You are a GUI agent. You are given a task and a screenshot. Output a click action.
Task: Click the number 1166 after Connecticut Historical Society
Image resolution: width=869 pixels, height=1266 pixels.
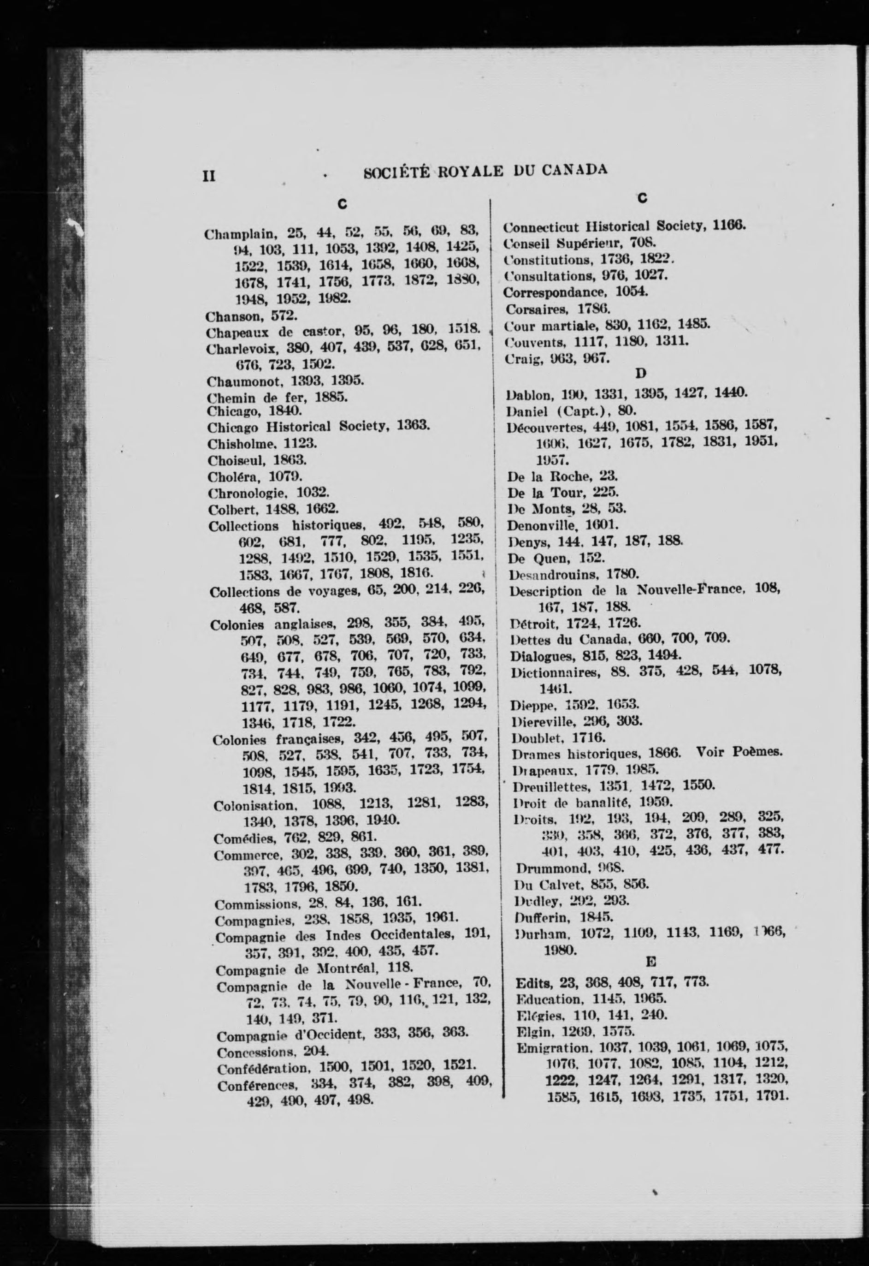pos(728,225)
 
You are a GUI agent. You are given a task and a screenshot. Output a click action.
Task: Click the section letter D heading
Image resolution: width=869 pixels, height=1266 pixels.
pos(641,374)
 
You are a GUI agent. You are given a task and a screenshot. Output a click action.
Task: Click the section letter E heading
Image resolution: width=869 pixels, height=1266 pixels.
pos(650,963)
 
